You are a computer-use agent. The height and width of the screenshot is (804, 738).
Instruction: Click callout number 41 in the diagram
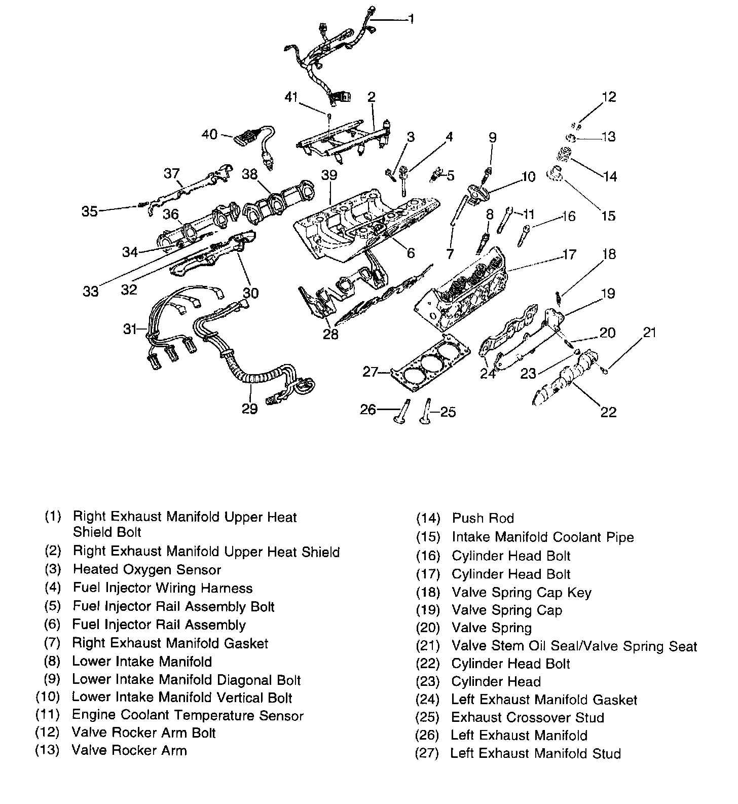point(291,97)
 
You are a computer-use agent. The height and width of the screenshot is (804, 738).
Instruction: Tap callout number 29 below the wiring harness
point(249,409)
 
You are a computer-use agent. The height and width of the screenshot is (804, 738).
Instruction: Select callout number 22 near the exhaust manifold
point(608,412)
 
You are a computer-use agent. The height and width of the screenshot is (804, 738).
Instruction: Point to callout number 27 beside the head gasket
point(371,373)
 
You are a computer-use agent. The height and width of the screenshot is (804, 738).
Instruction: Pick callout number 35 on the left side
point(90,211)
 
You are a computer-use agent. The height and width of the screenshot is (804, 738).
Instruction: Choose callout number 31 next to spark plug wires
point(130,329)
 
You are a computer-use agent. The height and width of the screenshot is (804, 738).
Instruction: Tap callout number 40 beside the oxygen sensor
point(210,134)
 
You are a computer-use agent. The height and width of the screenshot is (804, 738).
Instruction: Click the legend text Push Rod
point(483,518)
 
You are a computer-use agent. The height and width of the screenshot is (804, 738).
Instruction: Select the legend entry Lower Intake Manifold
point(142,662)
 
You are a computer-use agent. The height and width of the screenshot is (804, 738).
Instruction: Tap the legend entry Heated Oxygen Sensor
point(147,570)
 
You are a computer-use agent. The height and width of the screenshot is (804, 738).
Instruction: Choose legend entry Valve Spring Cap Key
point(522,593)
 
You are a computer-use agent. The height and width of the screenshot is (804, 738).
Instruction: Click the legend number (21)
point(427,646)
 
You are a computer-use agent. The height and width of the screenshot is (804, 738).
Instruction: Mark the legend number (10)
point(48,698)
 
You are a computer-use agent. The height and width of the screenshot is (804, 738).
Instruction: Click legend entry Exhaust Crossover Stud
point(528,718)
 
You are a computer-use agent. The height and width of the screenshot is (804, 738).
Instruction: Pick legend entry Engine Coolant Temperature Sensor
point(188,716)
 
